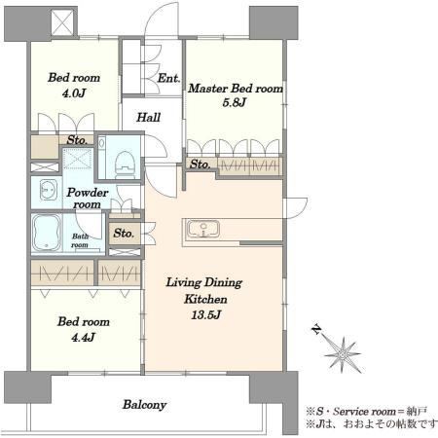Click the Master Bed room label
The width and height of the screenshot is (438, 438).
point(236,89)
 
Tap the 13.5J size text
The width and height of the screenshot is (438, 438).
point(206,314)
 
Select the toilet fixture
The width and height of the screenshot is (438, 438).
point(125,164)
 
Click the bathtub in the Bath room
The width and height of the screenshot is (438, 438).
point(47,233)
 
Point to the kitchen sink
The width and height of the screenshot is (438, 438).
point(203,229)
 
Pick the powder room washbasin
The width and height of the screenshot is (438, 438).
point(49,190)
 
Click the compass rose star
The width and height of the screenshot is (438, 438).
point(343,354)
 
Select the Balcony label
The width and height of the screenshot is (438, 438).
point(145,405)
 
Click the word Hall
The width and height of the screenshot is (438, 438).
point(148,117)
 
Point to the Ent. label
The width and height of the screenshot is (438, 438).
point(168,78)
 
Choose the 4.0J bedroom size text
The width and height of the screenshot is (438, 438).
point(74,93)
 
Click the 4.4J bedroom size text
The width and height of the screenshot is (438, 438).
point(83,338)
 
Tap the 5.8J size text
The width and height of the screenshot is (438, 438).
point(235,102)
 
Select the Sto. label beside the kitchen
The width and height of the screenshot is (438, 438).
point(124,233)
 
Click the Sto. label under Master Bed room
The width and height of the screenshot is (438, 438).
point(200,164)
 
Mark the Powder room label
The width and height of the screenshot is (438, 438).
point(87,199)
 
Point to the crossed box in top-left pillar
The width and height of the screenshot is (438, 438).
point(62,22)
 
